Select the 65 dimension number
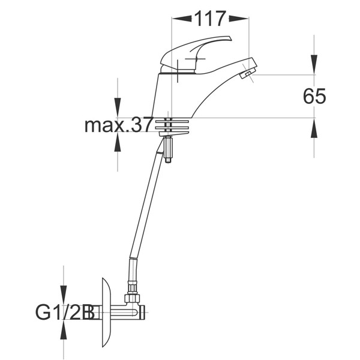tap(314, 96)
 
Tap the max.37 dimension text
tap(118, 125)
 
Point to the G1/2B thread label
tap(65, 313)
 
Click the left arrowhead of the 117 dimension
tap(182, 19)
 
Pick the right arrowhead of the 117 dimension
tap(239, 19)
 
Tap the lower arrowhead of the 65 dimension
tap(314, 128)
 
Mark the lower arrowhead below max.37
tap(118, 142)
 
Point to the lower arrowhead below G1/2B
tap(64, 329)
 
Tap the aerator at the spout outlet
tap(245, 74)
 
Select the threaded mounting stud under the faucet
tap(168, 149)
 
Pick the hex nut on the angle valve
tap(132, 299)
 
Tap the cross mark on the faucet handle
tap(195, 59)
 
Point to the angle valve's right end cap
tap(143, 312)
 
